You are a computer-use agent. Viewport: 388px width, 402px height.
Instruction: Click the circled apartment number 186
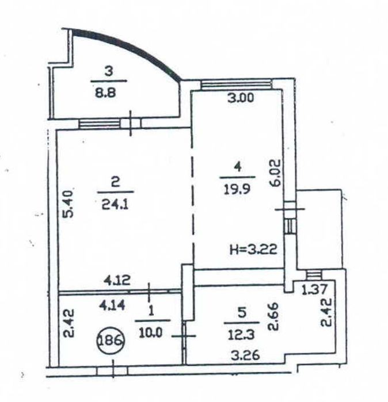111,340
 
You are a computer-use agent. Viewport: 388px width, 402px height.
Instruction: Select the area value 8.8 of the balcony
105,93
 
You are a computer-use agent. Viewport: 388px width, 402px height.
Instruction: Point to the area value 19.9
237,190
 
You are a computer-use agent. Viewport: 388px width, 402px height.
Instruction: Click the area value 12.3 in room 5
241,335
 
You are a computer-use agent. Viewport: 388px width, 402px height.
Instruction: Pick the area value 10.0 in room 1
151,333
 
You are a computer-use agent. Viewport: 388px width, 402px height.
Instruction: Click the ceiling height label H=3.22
253,249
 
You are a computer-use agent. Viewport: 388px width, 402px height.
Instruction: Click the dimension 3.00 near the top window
241,98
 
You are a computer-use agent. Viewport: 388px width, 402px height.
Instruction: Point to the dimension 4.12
117,280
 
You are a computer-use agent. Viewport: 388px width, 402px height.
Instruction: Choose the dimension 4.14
112,305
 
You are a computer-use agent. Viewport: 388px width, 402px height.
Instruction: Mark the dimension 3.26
245,355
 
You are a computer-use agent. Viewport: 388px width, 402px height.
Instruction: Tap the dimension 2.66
273,317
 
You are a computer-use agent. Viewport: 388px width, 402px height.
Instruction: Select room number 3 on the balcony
109,71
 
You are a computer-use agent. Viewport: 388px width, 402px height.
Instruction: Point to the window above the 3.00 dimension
236,85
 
